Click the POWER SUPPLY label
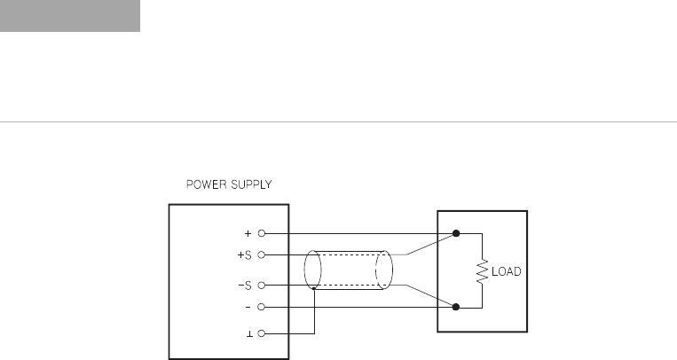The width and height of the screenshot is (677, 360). click(229, 184)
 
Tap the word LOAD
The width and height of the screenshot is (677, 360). click(507, 271)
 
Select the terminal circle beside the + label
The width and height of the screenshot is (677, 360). click(261, 233)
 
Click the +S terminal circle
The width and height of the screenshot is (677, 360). click(261, 255)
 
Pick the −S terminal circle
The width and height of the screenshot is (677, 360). click(261, 286)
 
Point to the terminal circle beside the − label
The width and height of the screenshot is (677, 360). click(261, 307)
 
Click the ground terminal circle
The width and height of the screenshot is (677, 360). click(261, 333)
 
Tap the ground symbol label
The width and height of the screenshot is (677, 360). click(249, 334)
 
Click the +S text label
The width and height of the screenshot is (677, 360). click(244, 255)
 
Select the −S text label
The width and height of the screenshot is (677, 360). click(245, 286)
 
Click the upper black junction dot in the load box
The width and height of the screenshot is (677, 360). click(456, 233)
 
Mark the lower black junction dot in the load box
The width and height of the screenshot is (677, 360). click(456, 307)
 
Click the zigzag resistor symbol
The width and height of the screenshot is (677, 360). click(483, 271)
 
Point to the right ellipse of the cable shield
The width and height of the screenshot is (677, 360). click(392, 270)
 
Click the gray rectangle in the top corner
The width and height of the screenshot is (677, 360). click(70, 16)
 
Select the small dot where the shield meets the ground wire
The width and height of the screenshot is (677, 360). click(314, 289)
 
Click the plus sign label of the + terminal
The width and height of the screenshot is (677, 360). click(248, 233)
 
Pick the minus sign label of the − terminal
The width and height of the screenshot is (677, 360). click(248, 307)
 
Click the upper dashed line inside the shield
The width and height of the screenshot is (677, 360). click(350, 254)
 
